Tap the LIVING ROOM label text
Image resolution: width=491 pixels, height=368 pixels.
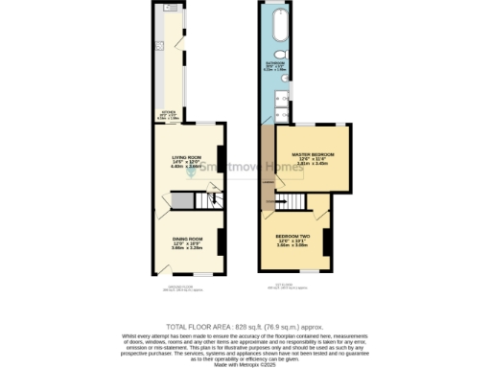point(185,159)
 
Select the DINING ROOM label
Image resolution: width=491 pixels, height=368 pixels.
point(187,241)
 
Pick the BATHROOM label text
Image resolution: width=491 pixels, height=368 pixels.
point(274,66)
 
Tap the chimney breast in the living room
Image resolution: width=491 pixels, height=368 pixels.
point(222,159)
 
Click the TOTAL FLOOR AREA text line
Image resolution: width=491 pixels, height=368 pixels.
point(245,328)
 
